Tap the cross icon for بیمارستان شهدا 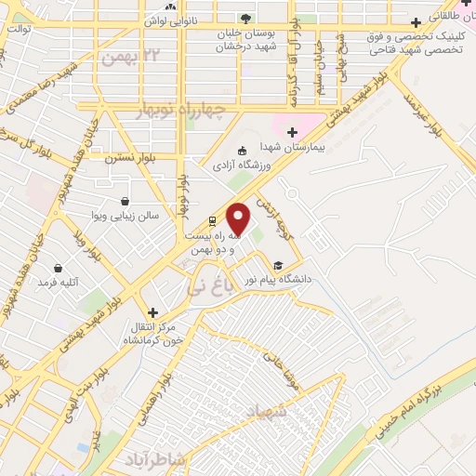click(294, 133)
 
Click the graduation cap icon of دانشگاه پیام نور click(279, 266)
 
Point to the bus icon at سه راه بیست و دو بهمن click(212, 221)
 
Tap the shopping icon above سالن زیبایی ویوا click(126, 201)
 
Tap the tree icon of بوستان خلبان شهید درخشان click(245, 19)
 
